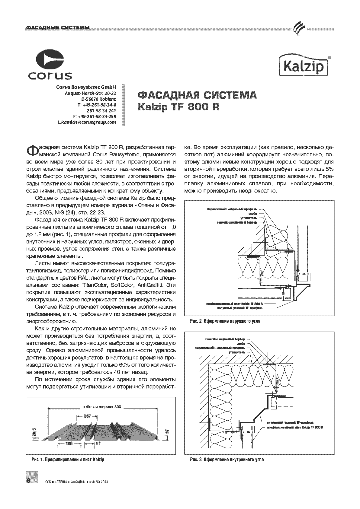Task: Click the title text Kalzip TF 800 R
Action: click(x=178, y=107)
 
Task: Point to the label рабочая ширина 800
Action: click(x=101, y=407)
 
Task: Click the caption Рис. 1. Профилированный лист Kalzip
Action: click(x=68, y=460)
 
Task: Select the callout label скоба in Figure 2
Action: click(x=252, y=213)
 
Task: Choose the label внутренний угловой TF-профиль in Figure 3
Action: click(x=291, y=422)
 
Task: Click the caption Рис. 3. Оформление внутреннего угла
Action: click(x=227, y=460)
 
